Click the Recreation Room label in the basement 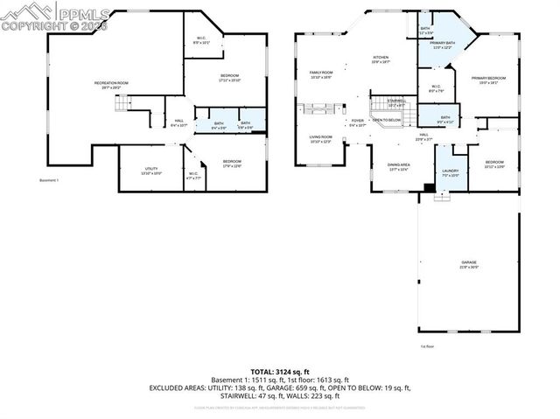(111, 85)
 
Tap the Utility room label (150, 171)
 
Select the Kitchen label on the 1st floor (380, 60)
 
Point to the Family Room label (321, 74)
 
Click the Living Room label (320, 138)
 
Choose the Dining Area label (399, 166)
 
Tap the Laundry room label (451, 173)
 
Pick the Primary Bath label (442, 45)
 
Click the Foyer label (357, 122)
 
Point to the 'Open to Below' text (386, 120)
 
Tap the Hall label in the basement (178, 123)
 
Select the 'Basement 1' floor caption (49, 180)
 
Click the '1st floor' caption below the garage (427, 346)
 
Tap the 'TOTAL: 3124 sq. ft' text (279, 372)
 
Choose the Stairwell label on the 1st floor (395, 102)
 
